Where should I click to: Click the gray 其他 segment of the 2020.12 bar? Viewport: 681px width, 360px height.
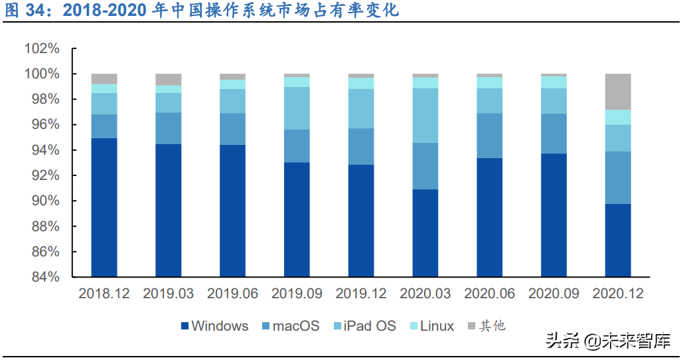pos(618,92)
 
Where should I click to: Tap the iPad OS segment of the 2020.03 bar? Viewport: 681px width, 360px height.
pos(425,116)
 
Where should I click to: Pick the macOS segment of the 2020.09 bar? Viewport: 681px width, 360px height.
pos(554,134)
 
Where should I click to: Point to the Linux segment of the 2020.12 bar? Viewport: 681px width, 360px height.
pos(618,118)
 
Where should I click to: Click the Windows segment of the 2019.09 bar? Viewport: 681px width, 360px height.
pos(297,219)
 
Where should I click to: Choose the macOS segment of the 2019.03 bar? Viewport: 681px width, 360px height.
pos(169,128)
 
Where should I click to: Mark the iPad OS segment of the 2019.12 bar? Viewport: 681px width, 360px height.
pos(361,108)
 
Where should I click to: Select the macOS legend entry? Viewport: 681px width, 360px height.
pos(291,326)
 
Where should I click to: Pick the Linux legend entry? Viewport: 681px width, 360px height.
pos(432,326)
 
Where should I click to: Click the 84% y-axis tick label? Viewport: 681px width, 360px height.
pos(45,277)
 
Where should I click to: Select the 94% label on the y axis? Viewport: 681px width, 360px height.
pos(45,150)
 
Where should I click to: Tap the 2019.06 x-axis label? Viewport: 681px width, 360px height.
pos(232,293)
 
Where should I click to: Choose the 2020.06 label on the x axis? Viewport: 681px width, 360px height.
pos(489,293)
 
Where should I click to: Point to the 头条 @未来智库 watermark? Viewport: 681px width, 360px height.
pos(607,341)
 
